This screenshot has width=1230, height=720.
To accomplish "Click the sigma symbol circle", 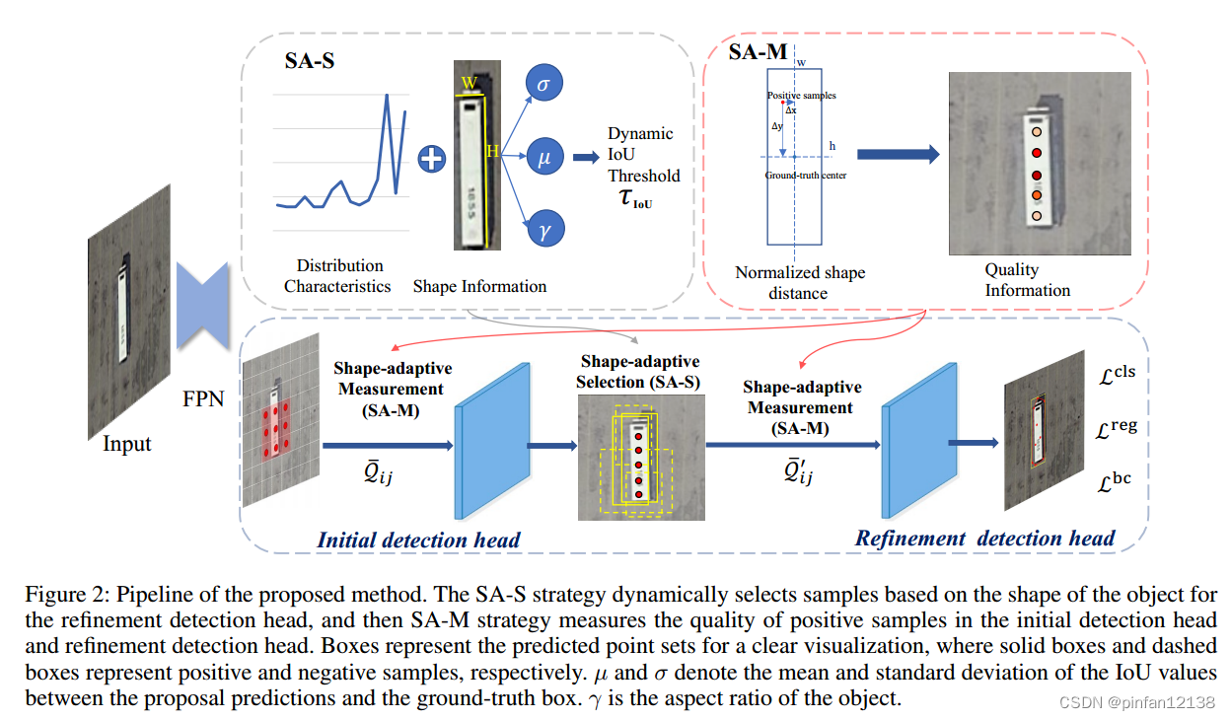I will pyautogui.click(x=543, y=85).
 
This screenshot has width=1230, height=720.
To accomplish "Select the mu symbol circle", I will pyautogui.click(x=543, y=156).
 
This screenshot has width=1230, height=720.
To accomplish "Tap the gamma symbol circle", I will pyautogui.click(x=543, y=230).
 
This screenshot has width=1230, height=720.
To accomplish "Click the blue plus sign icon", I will pyautogui.click(x=431, y=158).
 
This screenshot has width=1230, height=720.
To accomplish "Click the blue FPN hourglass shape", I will pyautogui.click(x=203, y=307).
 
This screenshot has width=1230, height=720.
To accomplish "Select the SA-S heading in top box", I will pyautogui.click(x=310, y=62).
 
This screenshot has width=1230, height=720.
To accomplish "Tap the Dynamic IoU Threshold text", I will pyautogui.click(x=643, y=155).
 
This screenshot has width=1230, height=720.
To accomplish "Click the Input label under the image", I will pyautogui.click(x=128, y=444).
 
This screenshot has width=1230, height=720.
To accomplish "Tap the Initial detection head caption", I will pyautogui.click(x=418, y=540).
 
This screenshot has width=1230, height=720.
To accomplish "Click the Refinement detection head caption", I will pyautogui.click(x=984, y=539).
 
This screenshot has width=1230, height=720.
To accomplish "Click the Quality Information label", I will pyautogui.click(x=1027, y=280).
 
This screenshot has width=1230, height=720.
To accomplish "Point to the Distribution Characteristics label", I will pyautogui.click(x=338, y=276).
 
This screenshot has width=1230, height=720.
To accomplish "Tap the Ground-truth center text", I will pyautogui.click(x=806, y=176).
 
